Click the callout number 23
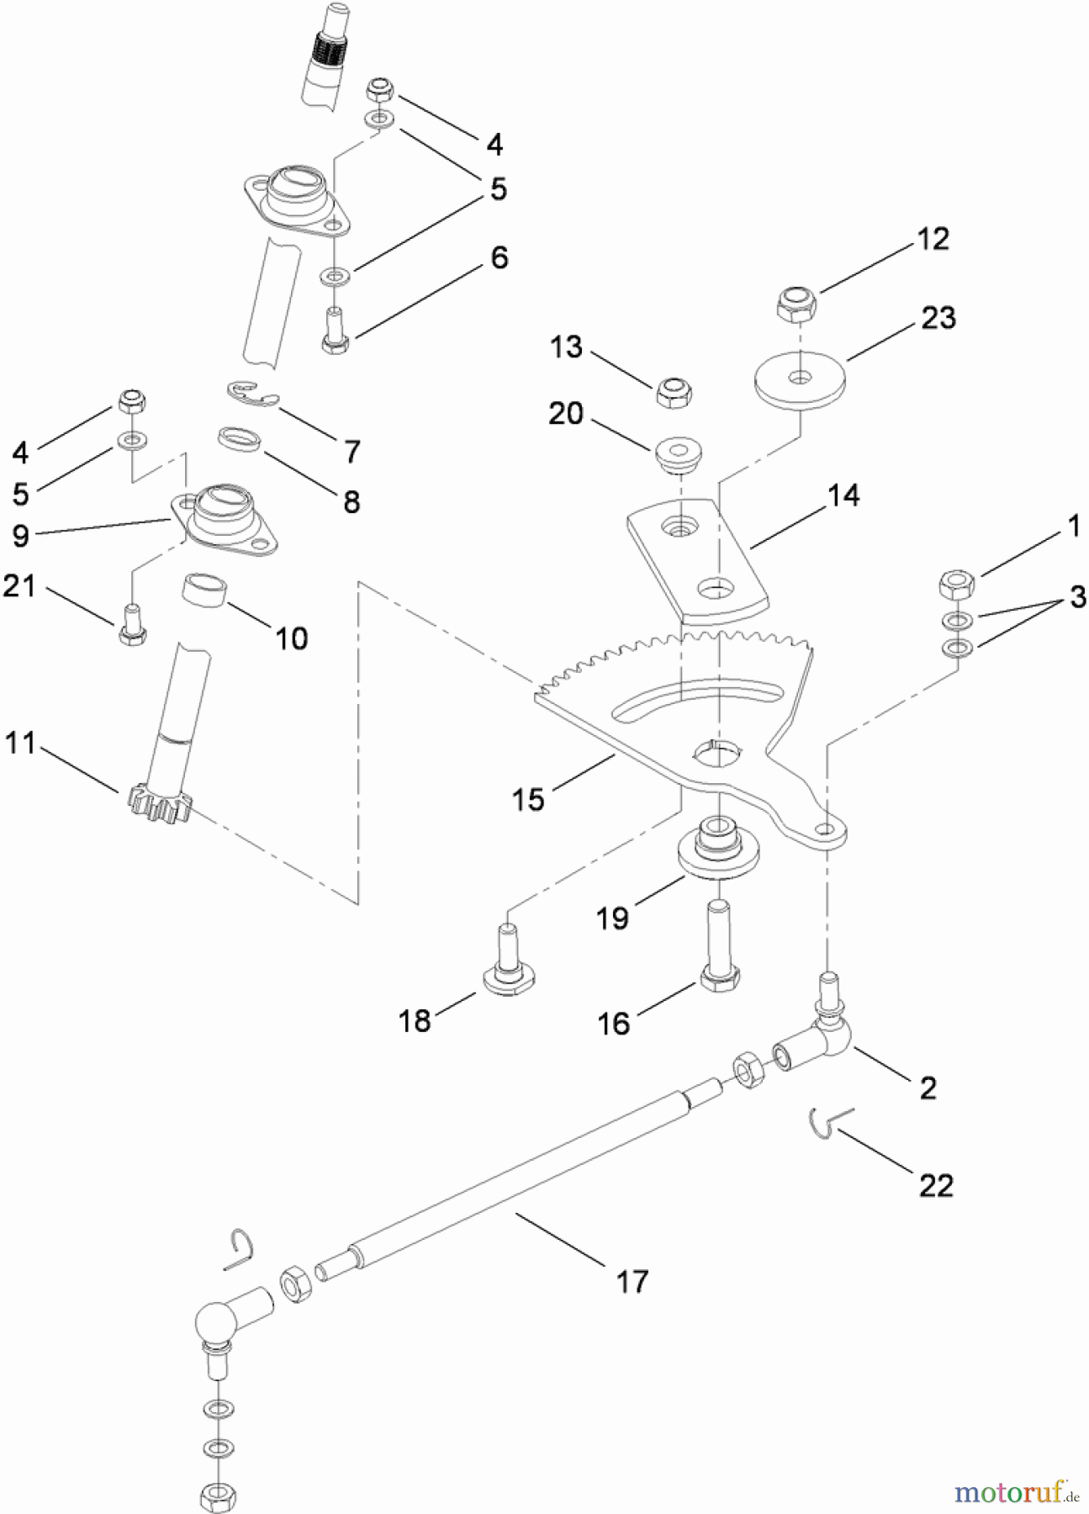938,318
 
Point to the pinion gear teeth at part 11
160,803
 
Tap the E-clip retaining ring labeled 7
252,395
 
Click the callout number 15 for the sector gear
528,798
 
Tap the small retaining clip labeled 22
829,1123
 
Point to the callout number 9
21,535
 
